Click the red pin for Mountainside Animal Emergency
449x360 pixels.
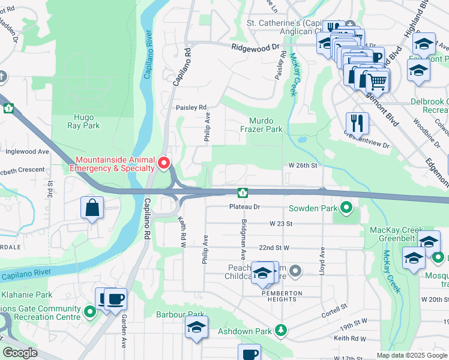pyautogui.click(x=163, y=163)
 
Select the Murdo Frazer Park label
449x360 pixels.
pyautogui.click(x=261, y=125)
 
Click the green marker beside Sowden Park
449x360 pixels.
pyautogui.click(x=346, y=208)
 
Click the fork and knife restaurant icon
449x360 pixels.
pyautogui.click(x=357, y=123)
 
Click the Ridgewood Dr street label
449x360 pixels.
pyautogui.click(x=256, y=46)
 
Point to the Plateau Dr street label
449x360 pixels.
pyautogui.click(x=244, y=206)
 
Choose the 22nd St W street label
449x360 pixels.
pyautogui.click(x=274, y=247)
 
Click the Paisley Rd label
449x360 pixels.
pyautogui.click(x=191, y=107)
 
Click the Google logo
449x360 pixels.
pyautogui.click(x=20, y=353)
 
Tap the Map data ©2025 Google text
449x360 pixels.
pyautogui.click(x=411, y=355)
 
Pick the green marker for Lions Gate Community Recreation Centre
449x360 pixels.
pyautogui.click(x=89, y=311)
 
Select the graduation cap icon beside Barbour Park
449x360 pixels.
pyautogui.click(x=196, y=328)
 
